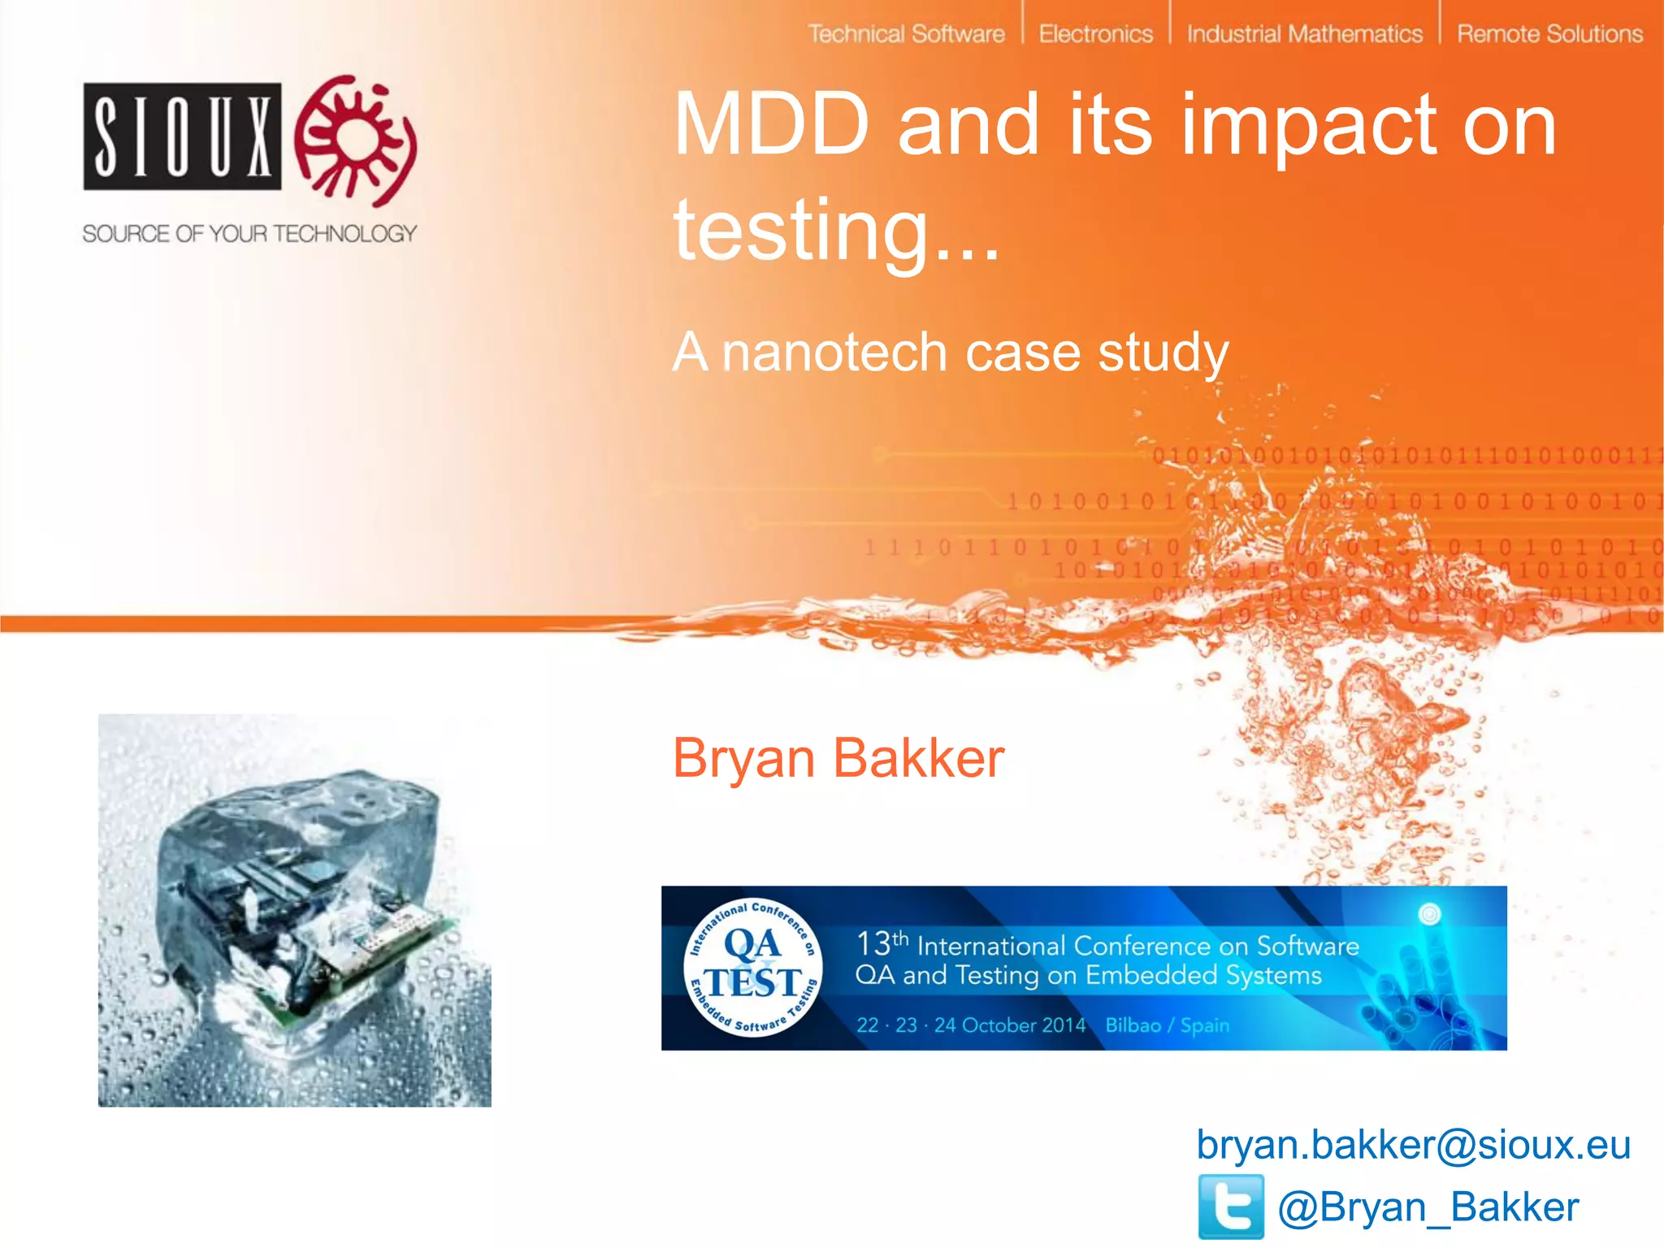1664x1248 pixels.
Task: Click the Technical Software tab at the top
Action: [906, 34]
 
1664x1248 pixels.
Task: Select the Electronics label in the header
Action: [1095, 34]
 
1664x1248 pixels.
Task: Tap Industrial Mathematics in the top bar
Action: [1304, 34]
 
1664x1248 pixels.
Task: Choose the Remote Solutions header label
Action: [1549, 34]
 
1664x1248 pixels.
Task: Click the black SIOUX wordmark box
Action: [183, 136]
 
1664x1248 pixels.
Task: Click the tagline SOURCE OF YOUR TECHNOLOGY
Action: [249, 234]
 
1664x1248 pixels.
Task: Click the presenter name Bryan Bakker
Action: [838, 758]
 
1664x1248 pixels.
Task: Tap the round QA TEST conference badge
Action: [753, 968]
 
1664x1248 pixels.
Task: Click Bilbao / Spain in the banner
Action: [1167, 1025]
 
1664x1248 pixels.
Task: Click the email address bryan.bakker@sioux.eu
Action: [1413, 1145]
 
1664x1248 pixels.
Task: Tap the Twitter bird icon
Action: [1231, 1207]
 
